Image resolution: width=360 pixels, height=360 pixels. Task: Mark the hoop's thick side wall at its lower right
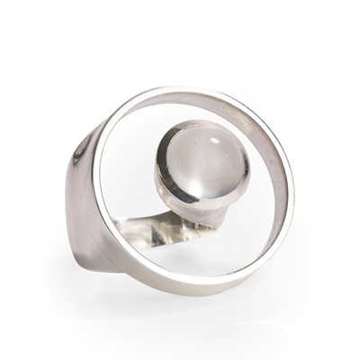(270, 261)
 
